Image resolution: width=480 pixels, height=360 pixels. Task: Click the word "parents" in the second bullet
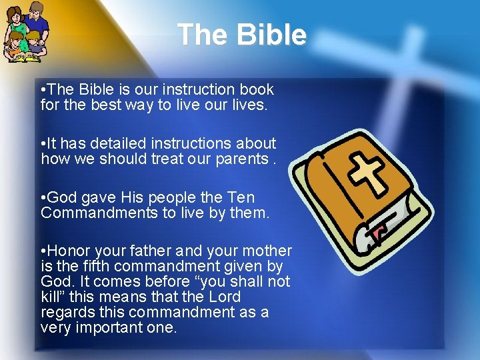coord(243,159)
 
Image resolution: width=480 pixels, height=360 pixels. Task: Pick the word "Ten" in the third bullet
coord(241,197)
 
